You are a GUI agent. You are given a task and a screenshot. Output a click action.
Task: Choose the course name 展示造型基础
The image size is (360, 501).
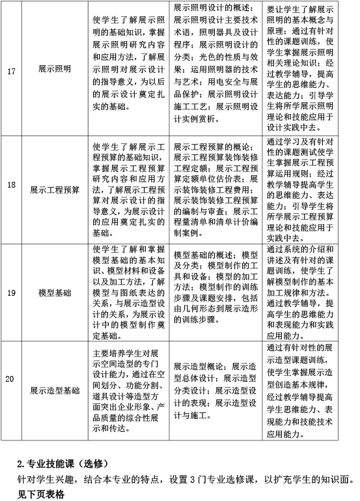point(55,390)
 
